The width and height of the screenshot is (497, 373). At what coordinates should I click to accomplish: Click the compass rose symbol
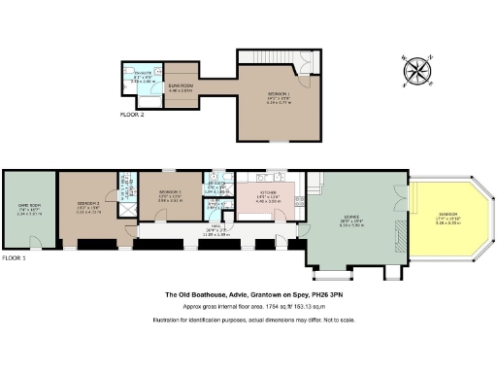pos(418,69)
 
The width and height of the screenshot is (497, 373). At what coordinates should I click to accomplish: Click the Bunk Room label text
pos(181,86)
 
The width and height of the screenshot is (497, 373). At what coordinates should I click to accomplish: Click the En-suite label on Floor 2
pos(143,71)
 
